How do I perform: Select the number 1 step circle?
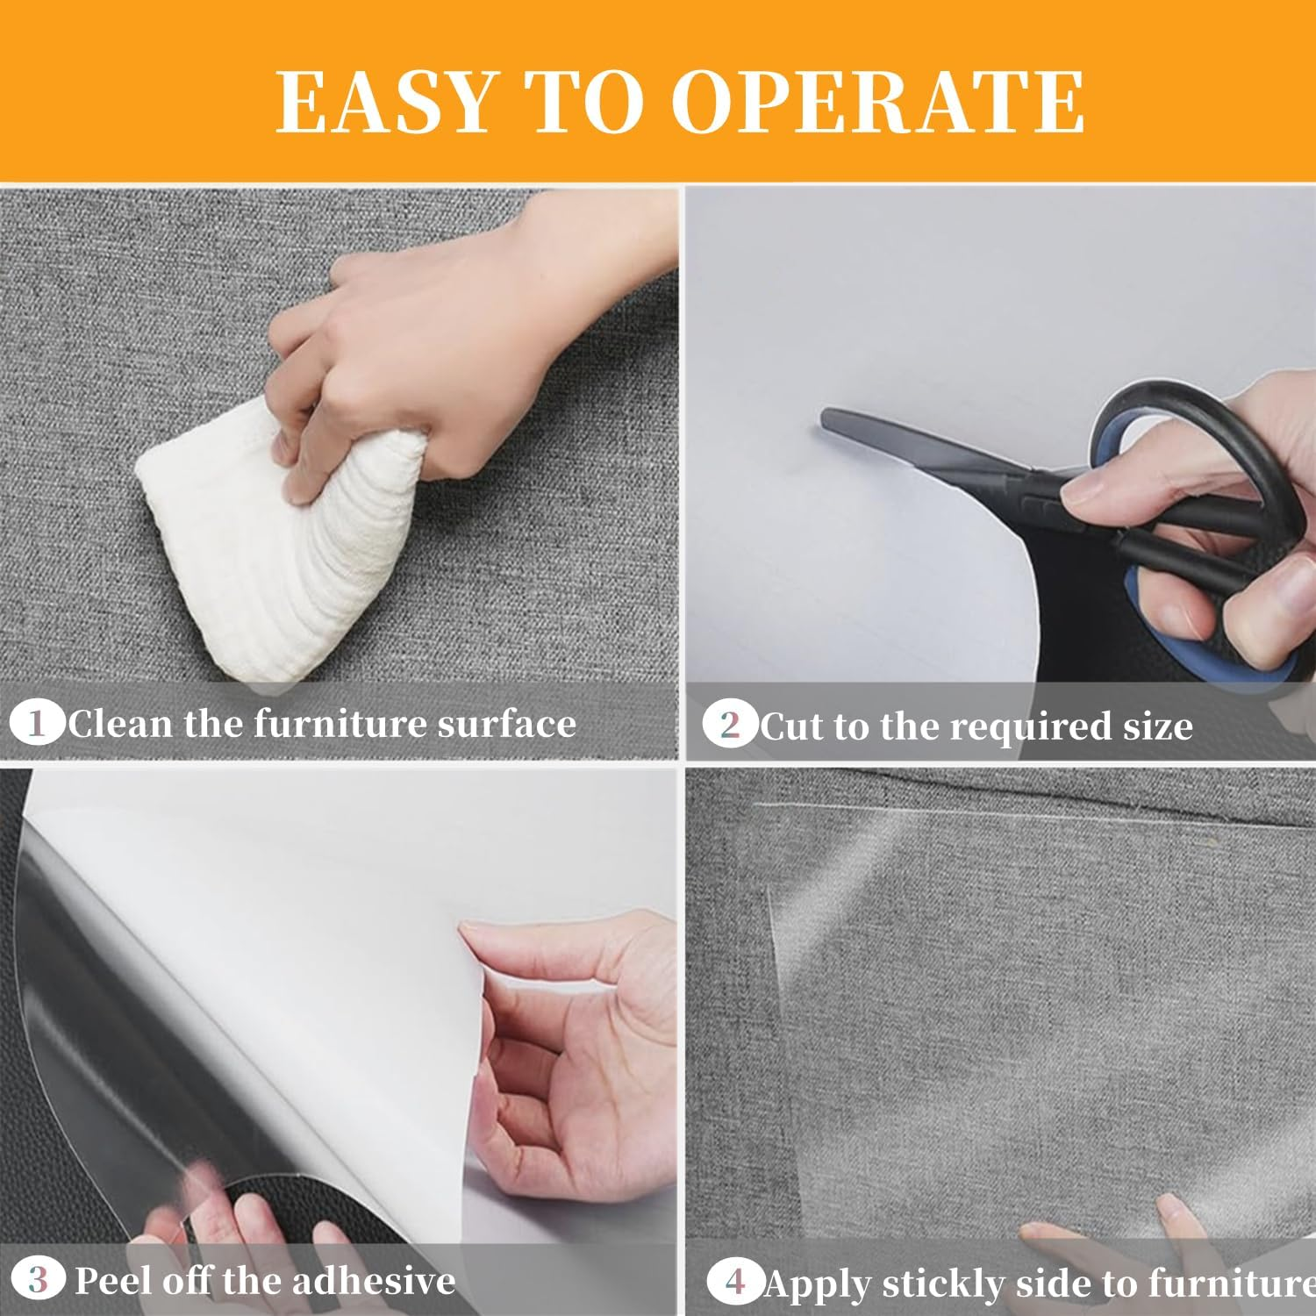coord(37,724)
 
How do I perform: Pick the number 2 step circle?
coord(730,726)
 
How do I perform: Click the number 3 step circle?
coord(37,1280)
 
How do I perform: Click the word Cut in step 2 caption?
coord(792,726)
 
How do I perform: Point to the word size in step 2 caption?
coord(1158,726)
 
